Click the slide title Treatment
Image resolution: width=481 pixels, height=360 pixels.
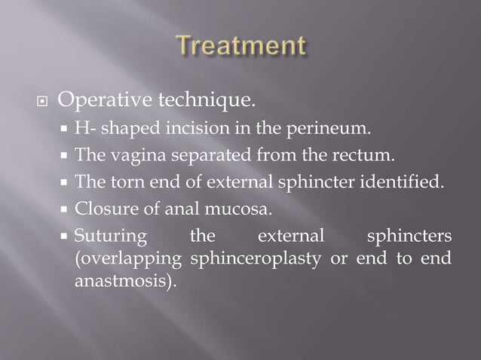[x=241, y=47]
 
